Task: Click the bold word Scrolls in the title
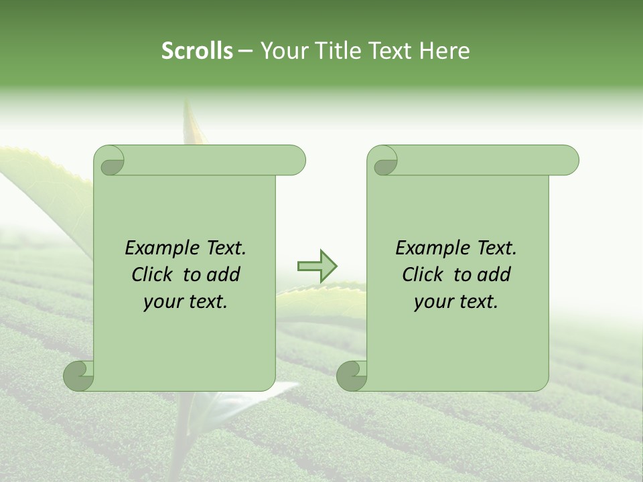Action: tap(197, 51)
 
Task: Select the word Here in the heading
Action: tap(445, 51)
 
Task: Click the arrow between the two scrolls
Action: tap(317, 266)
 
